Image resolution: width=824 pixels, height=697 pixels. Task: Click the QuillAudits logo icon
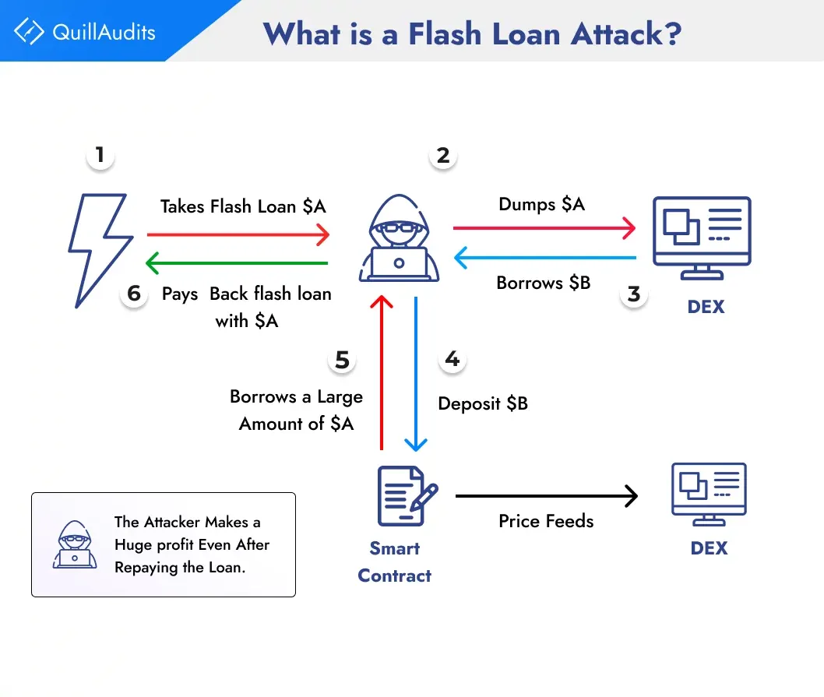(x=29, y=32)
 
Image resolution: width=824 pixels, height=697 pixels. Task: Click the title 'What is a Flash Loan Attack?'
(x=471, y=33)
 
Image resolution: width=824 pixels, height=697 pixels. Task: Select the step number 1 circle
(x=100, y=155)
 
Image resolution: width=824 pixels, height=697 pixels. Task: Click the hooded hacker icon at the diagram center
(x=399, y=241)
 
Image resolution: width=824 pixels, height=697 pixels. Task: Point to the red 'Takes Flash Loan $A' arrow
(x=238, y=233)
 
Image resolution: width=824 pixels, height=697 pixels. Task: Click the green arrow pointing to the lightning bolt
(x=238, y=264)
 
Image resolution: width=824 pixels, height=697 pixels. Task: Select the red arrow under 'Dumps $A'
(x=544, y=228)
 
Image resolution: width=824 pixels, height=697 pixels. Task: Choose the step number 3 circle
(x=634, y=294)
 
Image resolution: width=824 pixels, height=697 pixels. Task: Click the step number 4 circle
(x=452, y=359)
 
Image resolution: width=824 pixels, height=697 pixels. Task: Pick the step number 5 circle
(x=343, y=359)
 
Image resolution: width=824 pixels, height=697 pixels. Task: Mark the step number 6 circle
(x=134, y=294)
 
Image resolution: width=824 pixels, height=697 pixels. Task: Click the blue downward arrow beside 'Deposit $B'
(x=417, y=374)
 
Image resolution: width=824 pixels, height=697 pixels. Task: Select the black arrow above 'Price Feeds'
(x=546, y=495)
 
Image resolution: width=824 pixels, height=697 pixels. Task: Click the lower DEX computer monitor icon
(x=708, y=494)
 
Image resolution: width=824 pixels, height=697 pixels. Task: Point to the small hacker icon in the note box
(x=73, y=544)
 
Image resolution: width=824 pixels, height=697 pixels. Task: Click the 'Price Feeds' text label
(x=546, y=521)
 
